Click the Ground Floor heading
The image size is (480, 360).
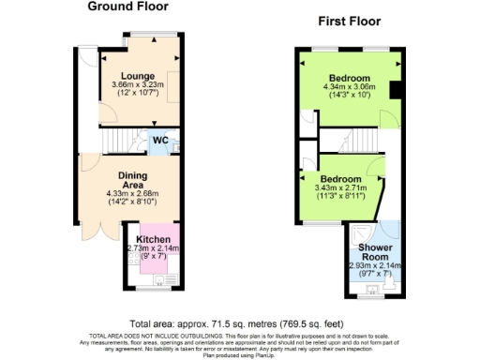tap(128, 7)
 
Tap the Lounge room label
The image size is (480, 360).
tap(138, 74)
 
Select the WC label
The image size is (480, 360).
tap(160, 142)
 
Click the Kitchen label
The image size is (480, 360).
tap(153, 239)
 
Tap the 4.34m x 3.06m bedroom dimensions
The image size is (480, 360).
tap(349, 87)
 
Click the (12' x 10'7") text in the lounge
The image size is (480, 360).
tap(138, 93)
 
